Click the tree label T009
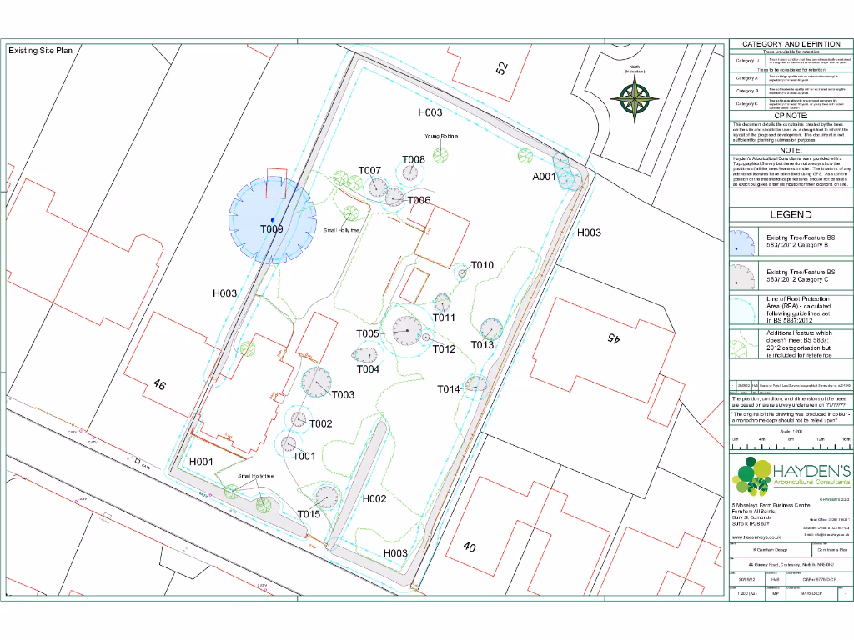[271, 229]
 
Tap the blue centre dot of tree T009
[272, 219]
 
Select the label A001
[544, 177]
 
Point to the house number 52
[501, 68]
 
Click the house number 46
[159, 385]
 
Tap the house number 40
[470, 547]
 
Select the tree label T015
[309, 514]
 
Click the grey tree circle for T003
[316, 382]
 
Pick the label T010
[482, 265]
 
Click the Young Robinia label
[442, 135]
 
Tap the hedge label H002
[374, 498]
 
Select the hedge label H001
[202, 461]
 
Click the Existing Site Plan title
[41, 51]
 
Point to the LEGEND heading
[790, 214]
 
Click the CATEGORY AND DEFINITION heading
[791, 43]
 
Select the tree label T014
[449, 389]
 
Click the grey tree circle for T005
[407, 332]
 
